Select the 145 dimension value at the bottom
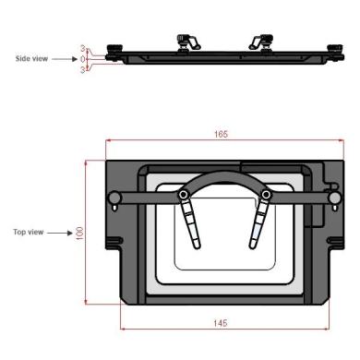(221, 323)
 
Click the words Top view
(28, 232)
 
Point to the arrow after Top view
(58, 232)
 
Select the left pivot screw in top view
(185, 195)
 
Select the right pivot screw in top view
(266, 195)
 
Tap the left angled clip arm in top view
(191, 224)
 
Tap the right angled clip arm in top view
(258, 224)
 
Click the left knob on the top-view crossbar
(114, 197)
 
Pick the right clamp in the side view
(258, 42)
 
